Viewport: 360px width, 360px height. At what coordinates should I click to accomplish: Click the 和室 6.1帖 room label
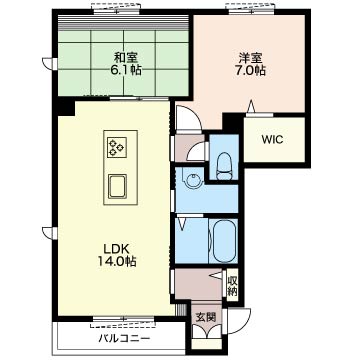pyautogui.click(x=126, y=64)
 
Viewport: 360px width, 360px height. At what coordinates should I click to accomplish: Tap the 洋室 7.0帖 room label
pyautogui.click(x=252, y=64)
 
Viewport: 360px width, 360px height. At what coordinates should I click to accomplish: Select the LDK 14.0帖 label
pyautogui.click(x=116, y=255)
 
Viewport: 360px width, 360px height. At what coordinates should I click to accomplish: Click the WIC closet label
pyautogui.click(x=272, y=140)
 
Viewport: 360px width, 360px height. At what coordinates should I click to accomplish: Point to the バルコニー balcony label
pyautogui.click(x=124, y=339)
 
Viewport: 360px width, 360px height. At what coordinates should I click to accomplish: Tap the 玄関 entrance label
pyautogui.click(x=205, y=317)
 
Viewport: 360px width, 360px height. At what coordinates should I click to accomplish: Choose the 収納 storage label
pyautogui.click(x=233, y=286)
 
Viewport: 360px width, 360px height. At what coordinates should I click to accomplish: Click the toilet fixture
pyautogui.click(x=224, y=165)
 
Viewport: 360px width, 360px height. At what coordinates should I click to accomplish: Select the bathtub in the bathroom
pyautogui.click(x=224, y=241)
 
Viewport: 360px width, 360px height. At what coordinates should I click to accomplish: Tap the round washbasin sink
pyautogui.click(x=194, y=180)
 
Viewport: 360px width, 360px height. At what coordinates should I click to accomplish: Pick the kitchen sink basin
pyautogui.click(x=117, y=186)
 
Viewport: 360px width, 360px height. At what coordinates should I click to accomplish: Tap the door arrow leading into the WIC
pyautogui.click(x=251, y=107)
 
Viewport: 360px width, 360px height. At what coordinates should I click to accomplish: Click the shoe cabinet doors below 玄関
pyautogui.click(x=207, y=332)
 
